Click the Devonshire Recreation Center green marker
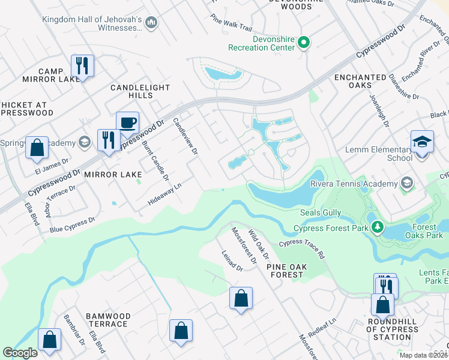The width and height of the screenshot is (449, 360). pos(304,42)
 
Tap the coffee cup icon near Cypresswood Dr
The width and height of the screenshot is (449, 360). pos(127,123)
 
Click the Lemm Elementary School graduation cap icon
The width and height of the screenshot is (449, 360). pos(422,142)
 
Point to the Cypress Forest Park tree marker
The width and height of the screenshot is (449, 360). pos(378,227)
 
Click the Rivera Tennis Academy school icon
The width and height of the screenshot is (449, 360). pos(407,183)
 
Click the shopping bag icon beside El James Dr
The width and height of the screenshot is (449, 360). pos(37,148)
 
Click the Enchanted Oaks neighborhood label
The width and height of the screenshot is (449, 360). pos(360,82)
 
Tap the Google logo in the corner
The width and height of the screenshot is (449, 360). pos(20,353)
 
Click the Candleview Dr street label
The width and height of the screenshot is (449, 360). pos(185,137)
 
